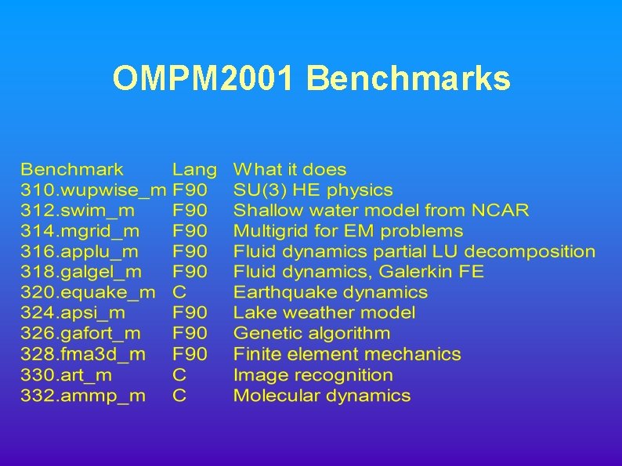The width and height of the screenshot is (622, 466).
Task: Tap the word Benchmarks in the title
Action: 408,78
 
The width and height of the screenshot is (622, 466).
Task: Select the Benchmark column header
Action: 72,169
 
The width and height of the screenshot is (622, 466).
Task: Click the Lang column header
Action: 194,169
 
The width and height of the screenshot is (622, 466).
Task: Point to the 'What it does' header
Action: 290,169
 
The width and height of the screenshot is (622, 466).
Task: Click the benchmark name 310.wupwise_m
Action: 93,190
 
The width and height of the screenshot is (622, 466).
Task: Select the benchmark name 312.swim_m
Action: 78,211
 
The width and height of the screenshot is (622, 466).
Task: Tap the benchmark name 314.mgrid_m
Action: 81,231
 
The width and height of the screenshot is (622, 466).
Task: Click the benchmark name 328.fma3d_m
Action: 83,354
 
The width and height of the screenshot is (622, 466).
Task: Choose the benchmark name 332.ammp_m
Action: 83,396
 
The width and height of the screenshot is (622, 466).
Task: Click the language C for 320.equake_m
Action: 179,293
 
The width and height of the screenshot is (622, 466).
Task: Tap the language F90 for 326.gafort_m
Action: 190,334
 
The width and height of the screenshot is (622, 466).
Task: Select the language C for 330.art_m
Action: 179,375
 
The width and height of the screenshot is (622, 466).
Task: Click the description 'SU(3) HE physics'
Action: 313,190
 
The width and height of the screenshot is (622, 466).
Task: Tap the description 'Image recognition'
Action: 313,375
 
